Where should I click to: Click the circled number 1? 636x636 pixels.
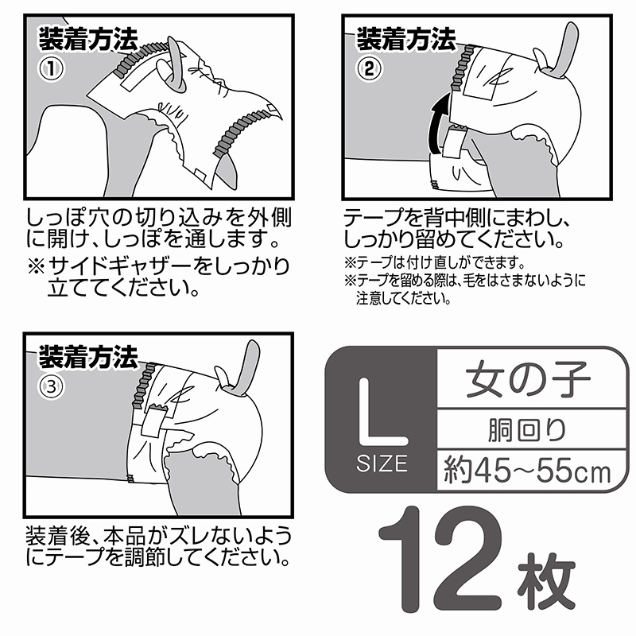(51, 69)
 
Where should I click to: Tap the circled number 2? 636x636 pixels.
(369, 69)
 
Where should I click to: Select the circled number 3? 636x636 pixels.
(51, 387)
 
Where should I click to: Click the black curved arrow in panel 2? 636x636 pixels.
(439, 124)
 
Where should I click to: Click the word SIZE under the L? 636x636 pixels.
(382, 463)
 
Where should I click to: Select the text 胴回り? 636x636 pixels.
(527, 429)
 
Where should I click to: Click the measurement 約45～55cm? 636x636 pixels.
(527, 471)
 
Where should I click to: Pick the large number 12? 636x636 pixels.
(441, 559)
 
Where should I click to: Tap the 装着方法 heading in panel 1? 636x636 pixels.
(88, 39)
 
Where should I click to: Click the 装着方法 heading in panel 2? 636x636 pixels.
(406, 39)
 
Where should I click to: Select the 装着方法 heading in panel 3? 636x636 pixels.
(88, 356)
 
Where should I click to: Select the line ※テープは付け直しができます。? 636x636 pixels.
(435, 262)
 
